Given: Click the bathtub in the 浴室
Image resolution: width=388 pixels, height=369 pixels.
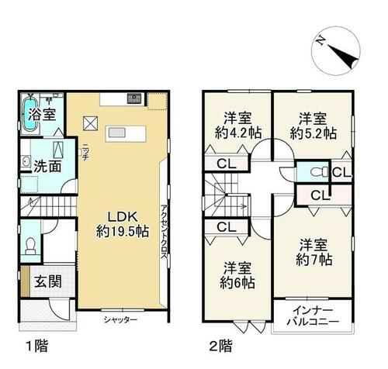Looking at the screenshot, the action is tap(31, 115).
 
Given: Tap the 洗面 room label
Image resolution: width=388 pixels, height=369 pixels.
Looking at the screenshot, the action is tap(47, 166).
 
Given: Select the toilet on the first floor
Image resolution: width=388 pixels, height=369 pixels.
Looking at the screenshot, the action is tap(30, 246).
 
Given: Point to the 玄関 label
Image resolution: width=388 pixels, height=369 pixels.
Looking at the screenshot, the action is tap(48, 281).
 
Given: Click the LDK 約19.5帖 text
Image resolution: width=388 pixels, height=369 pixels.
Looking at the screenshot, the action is tap(123, 224).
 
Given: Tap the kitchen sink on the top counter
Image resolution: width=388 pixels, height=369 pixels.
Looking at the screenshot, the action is tap(134, 98).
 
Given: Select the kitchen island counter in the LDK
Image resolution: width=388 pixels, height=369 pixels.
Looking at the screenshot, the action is tap(126, 133).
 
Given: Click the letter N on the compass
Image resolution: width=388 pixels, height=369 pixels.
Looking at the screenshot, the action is tap(321, 40).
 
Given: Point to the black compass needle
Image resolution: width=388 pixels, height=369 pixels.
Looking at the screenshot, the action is tap(344, 57).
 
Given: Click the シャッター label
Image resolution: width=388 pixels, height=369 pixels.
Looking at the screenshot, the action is tap(120, 320).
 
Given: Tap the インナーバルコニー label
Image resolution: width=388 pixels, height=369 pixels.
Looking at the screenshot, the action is tap(313, 316).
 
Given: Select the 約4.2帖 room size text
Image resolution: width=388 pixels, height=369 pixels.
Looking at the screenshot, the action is tap(238, 133).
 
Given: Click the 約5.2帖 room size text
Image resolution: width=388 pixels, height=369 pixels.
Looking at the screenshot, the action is tap(313, 133).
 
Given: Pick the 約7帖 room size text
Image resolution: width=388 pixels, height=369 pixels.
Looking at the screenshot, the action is tap(314, 260).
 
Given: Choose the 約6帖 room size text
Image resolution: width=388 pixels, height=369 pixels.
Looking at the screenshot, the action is tap(237, 283).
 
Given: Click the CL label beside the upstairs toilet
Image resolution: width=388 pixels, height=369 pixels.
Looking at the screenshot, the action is tap(341, 172).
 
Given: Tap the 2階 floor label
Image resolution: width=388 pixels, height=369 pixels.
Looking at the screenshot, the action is tap(220, 346).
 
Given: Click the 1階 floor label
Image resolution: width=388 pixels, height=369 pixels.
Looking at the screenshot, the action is tap(37, 346).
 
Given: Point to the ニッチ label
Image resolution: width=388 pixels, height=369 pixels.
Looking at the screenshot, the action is tap(85, 152).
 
